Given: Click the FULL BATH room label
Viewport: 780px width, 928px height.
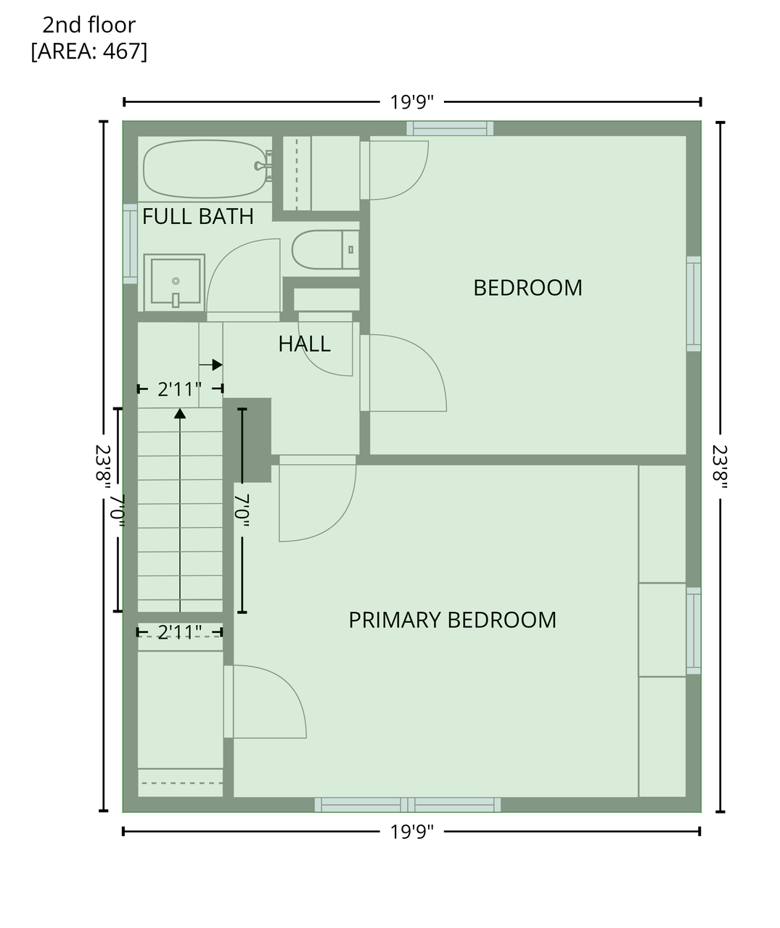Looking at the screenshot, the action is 197,217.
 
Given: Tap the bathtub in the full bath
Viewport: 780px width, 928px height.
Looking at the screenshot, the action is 205,169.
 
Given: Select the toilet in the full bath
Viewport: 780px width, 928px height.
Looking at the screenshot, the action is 325,249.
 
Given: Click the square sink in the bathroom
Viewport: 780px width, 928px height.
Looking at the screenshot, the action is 174,282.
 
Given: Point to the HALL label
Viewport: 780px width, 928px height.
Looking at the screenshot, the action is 304,344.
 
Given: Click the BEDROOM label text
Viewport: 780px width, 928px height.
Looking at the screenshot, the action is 527,288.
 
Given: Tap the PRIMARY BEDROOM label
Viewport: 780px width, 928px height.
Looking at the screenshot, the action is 453,620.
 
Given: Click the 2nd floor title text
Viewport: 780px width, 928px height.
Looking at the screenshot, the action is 89,25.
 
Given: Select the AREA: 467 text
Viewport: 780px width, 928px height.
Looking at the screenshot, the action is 89,51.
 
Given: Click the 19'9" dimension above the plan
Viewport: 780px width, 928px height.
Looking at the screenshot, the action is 411,101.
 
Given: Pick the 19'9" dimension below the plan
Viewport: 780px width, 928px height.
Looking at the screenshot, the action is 411,832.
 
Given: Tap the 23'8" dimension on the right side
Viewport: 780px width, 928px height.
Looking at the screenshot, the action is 720,467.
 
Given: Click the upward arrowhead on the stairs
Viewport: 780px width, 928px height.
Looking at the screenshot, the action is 180,414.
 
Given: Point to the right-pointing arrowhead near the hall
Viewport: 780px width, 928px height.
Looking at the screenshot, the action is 217,365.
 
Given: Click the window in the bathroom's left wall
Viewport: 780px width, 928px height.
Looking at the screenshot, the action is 130,244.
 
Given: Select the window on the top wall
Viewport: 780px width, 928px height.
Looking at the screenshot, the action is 450,128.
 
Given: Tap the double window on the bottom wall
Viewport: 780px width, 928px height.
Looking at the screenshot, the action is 408,805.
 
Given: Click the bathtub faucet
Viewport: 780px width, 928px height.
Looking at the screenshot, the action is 263,166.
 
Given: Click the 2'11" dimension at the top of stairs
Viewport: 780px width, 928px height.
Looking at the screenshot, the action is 180,389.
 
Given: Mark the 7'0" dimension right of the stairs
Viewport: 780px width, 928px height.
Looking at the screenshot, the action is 242,510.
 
